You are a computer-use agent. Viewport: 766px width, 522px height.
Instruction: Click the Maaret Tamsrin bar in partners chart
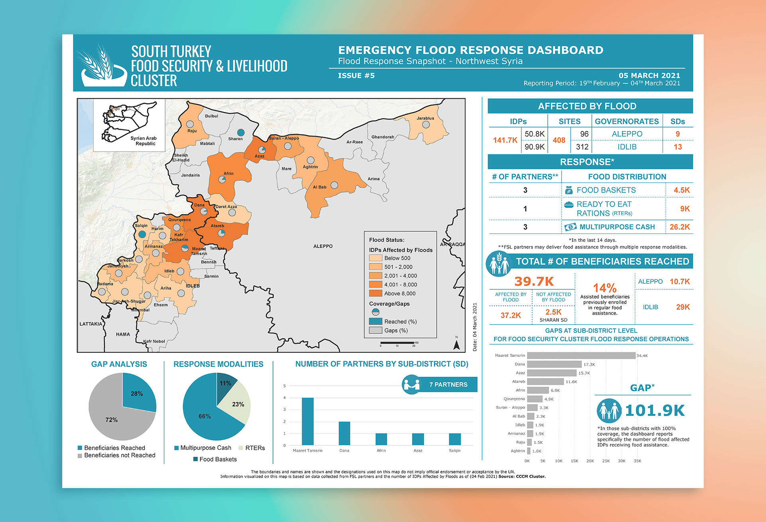(308, 421)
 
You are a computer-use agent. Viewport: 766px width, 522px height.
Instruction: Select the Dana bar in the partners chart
(344, 433)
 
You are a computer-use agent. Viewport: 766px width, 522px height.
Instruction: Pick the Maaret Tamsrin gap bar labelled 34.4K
(581, 356)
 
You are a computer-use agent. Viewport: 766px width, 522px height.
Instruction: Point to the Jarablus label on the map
(425, 118)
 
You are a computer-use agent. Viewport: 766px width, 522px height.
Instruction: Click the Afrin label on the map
(229, 174)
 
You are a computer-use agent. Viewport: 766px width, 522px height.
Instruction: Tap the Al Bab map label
(320, 187)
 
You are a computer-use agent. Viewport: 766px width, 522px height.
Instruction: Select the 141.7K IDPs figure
(505, 140)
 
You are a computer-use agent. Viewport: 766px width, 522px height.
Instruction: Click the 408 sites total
(559, 140)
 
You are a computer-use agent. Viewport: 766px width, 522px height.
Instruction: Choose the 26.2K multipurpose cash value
(680, 227)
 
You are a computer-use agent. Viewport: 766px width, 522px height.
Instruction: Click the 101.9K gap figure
(655, 410)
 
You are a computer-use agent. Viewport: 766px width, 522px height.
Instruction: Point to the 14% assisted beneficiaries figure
(604, 288)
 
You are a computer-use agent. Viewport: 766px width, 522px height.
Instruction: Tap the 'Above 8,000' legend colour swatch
(375, 293)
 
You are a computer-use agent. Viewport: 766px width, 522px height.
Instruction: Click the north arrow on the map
(457, 344)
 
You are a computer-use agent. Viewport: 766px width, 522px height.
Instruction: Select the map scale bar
(397, 343)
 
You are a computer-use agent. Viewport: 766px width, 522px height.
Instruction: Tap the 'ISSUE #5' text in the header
(356, 76)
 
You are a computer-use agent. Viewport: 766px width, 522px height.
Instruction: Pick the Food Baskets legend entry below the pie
(215, 459)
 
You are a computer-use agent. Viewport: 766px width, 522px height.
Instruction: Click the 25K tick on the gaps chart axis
(606, 461)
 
